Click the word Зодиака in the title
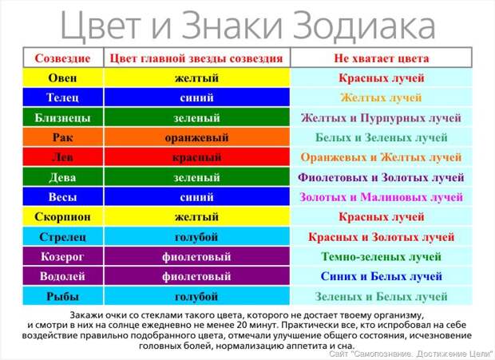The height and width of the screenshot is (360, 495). point(364,26)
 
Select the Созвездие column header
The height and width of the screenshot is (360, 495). point(63,58)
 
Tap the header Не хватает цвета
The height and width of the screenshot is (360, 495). point(382,58)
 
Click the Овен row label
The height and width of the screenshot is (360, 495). point(62,78)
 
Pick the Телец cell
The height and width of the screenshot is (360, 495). point(62,97)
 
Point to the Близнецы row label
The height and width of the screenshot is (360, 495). point(62,117)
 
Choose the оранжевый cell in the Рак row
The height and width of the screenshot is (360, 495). point(196,137)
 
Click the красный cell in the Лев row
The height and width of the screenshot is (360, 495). point(196,157)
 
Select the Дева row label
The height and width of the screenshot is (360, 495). point(62,177)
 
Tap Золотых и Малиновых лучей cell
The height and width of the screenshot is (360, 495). point(382,197)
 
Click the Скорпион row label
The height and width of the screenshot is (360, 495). point(62,217)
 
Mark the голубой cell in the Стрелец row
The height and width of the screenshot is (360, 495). point(196,237)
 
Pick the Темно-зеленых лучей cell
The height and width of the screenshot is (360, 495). point(381,256)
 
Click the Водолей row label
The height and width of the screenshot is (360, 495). point(62,276)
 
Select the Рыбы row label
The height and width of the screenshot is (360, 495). point(62,296)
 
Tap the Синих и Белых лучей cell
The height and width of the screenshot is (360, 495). point(382,276)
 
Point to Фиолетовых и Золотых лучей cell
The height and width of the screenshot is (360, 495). point(382,177)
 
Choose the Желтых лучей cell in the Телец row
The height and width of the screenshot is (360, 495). point(381,97)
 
